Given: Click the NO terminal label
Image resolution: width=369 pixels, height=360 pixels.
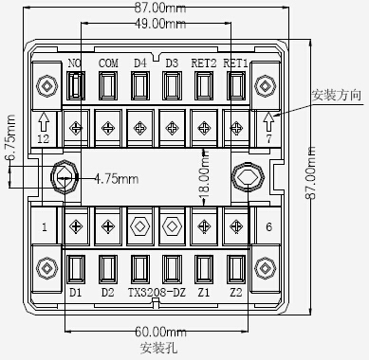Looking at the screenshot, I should click(75, 63).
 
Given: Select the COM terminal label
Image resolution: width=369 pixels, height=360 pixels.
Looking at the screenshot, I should click(107, 63).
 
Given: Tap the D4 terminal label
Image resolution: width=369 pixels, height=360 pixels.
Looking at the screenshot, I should click(139, 63).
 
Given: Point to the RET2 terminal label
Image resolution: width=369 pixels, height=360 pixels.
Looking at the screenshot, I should click(203, 63).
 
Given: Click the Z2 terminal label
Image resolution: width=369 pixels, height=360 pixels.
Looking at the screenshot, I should click(235, 293).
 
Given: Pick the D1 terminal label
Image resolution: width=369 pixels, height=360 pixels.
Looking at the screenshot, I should click(76, 293).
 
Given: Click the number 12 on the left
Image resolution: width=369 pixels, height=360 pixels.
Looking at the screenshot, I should click(43, 139).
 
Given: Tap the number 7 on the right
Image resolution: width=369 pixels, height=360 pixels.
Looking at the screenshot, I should click(269, 139).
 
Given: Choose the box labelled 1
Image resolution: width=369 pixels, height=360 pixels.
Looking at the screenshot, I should click(44, 226).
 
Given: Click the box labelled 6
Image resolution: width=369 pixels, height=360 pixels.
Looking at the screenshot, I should click(269, 226).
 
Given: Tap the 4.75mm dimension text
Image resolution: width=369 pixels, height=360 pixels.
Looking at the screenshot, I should click(116, 177).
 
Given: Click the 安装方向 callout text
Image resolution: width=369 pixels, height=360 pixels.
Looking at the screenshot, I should click(336, 96).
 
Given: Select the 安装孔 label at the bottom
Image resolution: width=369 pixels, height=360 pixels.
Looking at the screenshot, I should click(157, 348).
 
